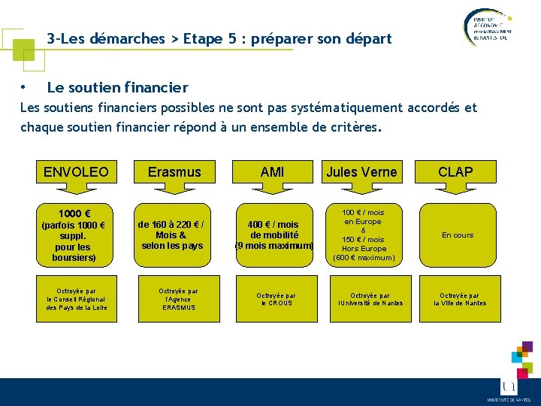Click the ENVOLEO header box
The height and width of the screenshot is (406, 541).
pos(76,172)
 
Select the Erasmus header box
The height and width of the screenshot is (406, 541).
pos(174,172)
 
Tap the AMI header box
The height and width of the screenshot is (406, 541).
pos(272,172)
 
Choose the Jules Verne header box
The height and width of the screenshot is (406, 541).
pos(361,172)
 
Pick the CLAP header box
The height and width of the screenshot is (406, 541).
pos(455,172)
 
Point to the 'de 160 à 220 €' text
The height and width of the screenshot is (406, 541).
pos(172,224)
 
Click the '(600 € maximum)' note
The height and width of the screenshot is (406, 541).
pos(364,258)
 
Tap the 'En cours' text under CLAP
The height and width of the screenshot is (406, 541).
pos(458,235)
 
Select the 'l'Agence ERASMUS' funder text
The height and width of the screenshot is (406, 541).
pos(177,303)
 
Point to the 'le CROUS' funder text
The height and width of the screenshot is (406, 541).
pos(276,303)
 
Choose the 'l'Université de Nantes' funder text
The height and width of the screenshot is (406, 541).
pos(370,303)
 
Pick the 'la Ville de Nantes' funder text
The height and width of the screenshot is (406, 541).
pos(460,303)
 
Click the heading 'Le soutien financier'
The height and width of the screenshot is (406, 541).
pos(117,88)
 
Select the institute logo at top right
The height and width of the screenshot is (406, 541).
pos(485,27)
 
